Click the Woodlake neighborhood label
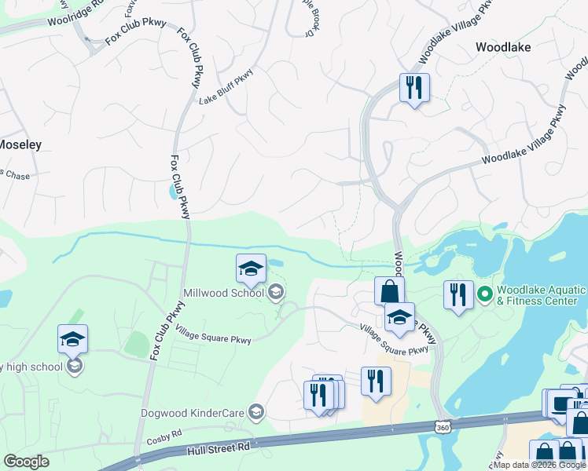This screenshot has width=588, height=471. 503,47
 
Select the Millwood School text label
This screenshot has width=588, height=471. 224,294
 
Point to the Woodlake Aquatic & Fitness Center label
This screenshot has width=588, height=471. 542,295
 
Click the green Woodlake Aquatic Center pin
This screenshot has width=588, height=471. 485,295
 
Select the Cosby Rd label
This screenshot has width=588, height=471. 164,433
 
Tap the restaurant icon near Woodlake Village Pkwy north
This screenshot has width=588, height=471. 413,86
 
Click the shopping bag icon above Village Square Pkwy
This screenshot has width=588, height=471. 389,290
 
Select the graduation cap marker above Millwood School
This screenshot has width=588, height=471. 251,269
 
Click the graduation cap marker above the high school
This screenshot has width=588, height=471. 72,339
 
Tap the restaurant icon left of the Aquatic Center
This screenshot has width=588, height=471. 458,294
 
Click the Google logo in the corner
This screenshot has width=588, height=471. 26,462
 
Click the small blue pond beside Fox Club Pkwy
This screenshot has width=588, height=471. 173,191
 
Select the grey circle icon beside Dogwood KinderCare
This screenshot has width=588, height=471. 255,411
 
